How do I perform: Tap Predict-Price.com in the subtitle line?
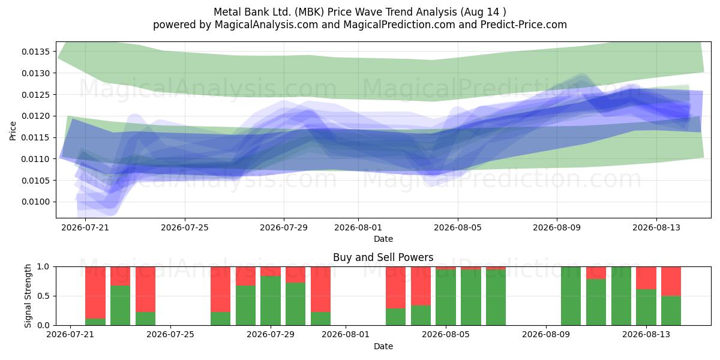tap(524, 25)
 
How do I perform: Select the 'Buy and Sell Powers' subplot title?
tap(383, 257)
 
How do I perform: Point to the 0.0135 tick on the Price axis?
tap(36, 52)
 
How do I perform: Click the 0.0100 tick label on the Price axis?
tap(36, 202)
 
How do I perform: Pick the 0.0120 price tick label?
tap(36, 116)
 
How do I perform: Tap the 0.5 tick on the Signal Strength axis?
tap(43, 296)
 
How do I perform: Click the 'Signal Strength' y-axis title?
tap(28, 296)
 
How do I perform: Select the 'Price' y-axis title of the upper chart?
tap(13, 131)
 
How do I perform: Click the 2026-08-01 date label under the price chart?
tap(358, 227)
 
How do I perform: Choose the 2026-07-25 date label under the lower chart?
tap(170, 334)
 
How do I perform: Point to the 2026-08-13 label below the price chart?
tap(656, 227)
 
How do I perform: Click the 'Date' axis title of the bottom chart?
tap(383, 346)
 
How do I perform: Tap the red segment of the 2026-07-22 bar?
tap(95, 293)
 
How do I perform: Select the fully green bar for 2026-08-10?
tap(571, 296)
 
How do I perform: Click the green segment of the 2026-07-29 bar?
tap(271, 301)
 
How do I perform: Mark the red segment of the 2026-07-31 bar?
tap(320, 289)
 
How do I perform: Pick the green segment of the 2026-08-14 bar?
tap(671, 311)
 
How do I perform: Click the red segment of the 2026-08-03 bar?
tap(395, 287)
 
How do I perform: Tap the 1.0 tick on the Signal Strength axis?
tap(43, 266)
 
